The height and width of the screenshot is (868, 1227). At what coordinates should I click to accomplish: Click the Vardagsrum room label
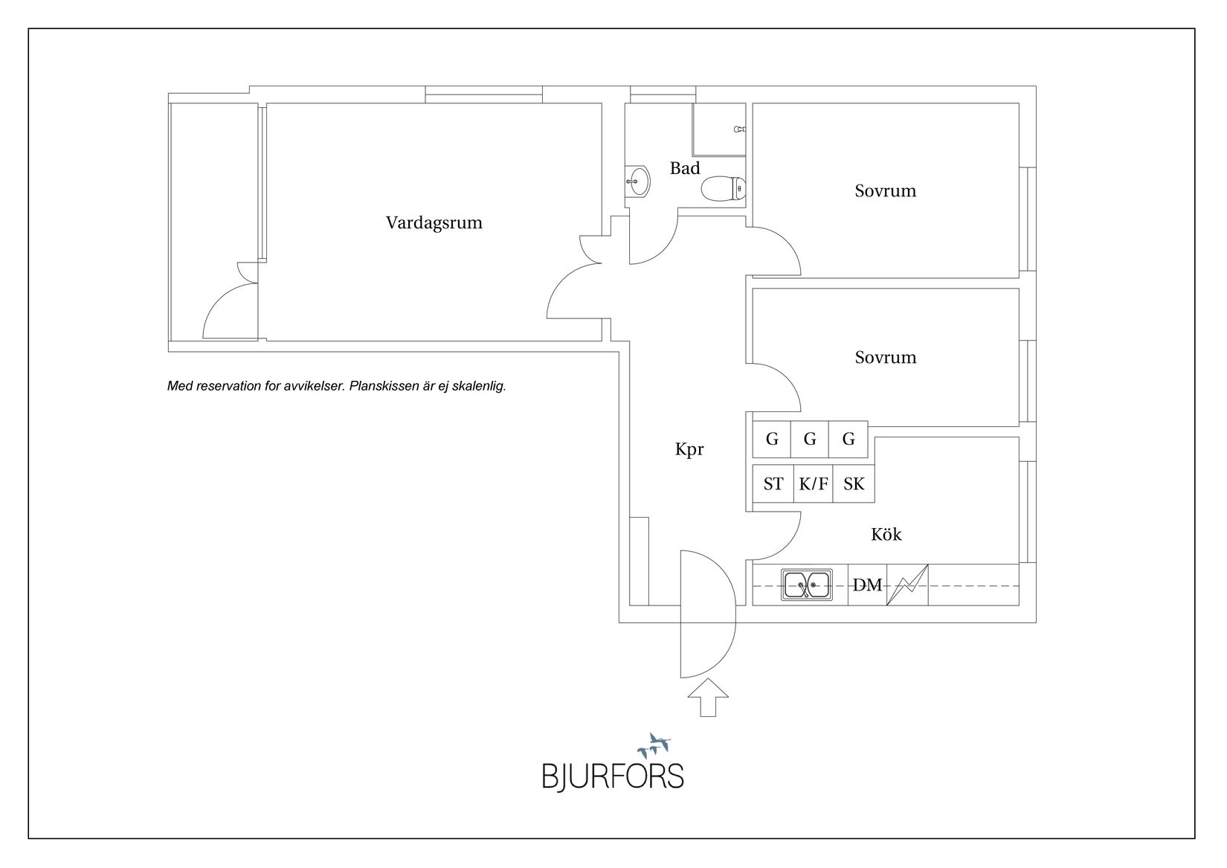click(434, 222)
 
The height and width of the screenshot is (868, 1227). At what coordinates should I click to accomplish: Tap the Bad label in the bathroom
click(685, 168)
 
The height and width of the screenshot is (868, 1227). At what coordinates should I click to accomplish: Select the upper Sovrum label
click(885, 191)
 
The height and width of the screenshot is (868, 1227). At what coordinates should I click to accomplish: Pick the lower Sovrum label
click(885, 358)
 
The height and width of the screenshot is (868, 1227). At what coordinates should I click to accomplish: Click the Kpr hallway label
click(689, 449)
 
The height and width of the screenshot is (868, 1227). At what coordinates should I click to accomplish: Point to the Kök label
click(886, 534)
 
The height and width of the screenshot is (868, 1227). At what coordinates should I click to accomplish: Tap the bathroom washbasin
click(637, 180)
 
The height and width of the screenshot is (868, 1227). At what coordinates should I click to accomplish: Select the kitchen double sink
click(807, 585)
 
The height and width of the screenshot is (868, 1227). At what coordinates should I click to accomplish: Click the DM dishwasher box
click(867, 585)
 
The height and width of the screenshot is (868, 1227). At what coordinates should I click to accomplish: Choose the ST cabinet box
click(773, 484)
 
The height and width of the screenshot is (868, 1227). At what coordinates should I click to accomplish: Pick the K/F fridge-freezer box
click(813, 484)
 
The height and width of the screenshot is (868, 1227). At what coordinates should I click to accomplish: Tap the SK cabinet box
click(854, 484)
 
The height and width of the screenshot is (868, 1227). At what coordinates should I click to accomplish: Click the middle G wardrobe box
click(810, 440)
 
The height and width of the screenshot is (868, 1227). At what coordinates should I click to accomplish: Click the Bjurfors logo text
click(612, 775)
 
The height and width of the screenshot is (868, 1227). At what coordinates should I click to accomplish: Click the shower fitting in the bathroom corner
click(739, 129)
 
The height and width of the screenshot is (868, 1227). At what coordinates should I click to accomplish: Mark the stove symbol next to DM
click(907, 585)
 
